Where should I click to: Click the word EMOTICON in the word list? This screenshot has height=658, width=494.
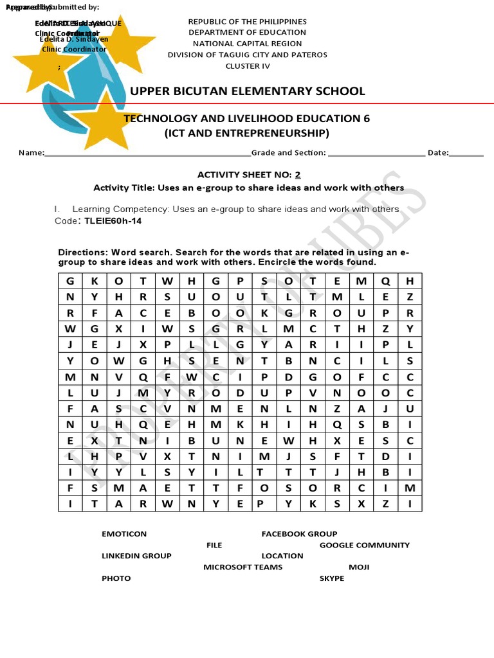tap(124, 534)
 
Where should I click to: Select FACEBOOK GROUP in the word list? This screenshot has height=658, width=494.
tap(299, 534)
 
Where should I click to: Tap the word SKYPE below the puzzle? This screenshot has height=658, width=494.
tap(332, 578)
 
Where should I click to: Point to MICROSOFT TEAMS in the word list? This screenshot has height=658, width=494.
tap(243, 567)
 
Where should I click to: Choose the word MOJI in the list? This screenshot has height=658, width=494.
tap(359, 567)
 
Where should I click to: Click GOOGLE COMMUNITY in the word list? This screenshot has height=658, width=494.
tap(364, 545)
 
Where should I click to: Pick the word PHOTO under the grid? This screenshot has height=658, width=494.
tap(116, 578)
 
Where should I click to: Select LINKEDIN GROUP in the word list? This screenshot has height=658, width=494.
tap(136, 556)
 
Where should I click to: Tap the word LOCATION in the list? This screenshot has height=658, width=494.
tap(282, 556)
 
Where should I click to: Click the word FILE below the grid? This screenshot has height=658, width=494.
tap(214, 545)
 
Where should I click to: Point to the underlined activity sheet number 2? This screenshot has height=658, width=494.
tap(297, 175)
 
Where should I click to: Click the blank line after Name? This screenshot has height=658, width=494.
tap(147, 154)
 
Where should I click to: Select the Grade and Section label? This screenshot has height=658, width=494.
tap(288, 153)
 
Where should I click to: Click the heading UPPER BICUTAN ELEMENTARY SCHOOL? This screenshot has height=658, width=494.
tap(248, 91)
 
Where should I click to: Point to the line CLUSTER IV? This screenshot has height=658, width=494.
tap(248, 66)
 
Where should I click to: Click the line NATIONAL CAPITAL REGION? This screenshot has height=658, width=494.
tap(248, 44)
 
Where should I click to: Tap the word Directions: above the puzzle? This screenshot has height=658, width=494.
tap(83, 253)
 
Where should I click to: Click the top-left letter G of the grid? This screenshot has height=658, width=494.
tap(70, 281)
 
